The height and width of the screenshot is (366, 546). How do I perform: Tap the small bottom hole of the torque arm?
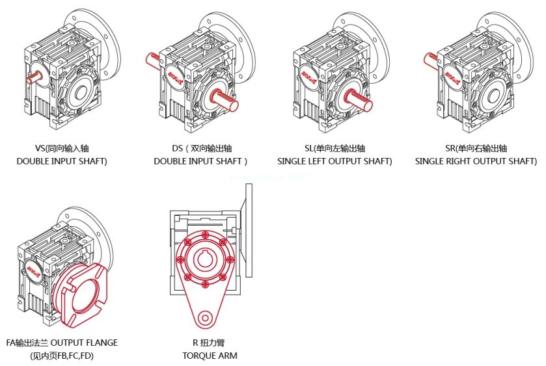pyautogui.click(x=205, y=317)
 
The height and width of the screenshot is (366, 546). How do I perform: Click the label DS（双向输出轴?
pyautogui.click(x=200, y=148)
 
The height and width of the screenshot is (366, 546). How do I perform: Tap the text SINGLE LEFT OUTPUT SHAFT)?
pyautogui.click(x=334, y=161)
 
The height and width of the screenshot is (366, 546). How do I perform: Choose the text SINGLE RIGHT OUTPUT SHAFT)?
pyautogui.click(x=476, y=161)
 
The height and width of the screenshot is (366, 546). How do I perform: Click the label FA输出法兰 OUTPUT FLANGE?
pyautogui.click(x=62, y=343)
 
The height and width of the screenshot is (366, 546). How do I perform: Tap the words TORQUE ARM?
pyautogui.click(x=210, y=356)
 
